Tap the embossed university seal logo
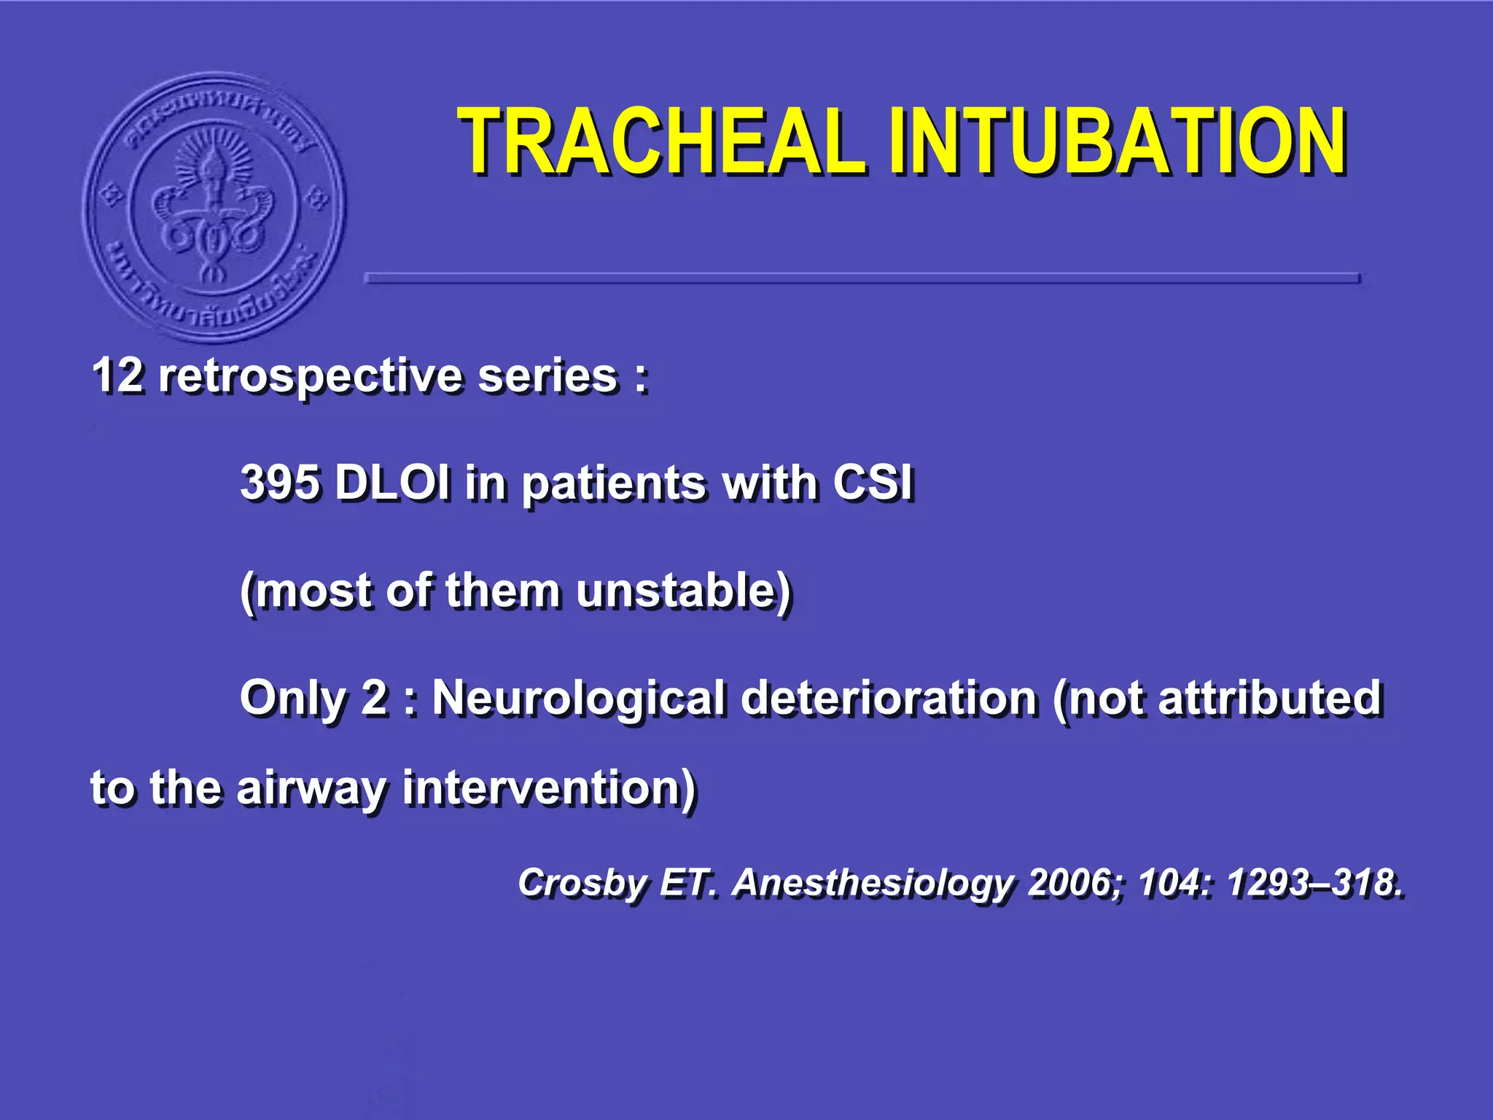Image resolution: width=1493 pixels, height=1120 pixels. pyautogui.click(x=214, y=208)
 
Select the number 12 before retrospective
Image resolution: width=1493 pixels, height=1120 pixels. pyautogui.click(x=117, y=376)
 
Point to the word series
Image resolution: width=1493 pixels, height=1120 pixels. pyautogui.click(x=547, y=376)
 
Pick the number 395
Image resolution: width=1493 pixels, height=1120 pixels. pyautogui.click(x=279, y=483)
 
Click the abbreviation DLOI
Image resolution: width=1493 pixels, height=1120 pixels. pyautogui.click(x=391, y=483)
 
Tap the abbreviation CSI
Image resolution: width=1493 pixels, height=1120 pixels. pyautogui.click(x=873, y=483)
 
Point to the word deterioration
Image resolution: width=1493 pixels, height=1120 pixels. pyautogui.click(x=889, y=698)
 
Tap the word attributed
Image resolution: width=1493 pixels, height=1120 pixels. pyautogui.click(x=1269, y=698)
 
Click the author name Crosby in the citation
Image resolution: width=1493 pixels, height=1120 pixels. pyautogui.click(x=582, y=884)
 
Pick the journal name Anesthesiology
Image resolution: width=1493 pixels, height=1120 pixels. pyautogui.click(x=873, y=884)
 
